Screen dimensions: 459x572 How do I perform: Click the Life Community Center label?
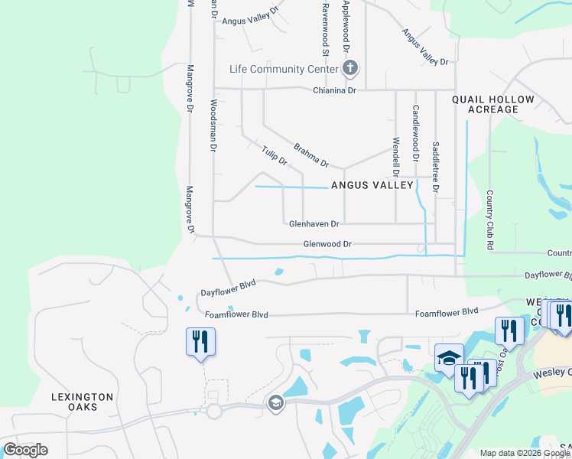[x=284, y=70]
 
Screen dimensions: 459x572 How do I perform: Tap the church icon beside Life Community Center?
[x=349, y=70]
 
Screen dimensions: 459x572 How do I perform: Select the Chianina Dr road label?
[x=335, y=90]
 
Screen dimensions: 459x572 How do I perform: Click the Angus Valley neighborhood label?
[x=372, y=185]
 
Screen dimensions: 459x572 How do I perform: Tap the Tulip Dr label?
[x=274, y=155]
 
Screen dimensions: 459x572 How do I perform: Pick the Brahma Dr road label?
[x=311, y=155]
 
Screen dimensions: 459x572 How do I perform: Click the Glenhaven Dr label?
[x=314, y=224]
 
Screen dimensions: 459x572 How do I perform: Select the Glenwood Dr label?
[x=327, y=244]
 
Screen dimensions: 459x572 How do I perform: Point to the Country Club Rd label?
[x=489, y=220]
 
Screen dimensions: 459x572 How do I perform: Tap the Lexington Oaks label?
[x=83, y=402]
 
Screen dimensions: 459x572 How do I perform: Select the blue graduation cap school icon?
[x=449, y=358]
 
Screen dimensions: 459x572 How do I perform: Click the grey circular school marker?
[x=275, y=402]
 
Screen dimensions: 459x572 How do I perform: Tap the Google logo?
[x=25, y=449]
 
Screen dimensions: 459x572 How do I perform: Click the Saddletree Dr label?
[x=436, y=166]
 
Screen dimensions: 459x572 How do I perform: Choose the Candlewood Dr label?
[x=416, y=132]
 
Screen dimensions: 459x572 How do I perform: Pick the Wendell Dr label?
[x=396, y=155]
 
